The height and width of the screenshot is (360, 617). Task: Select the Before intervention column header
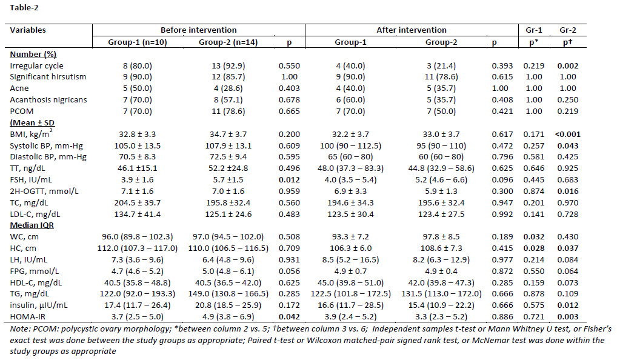click(x=198, y=30)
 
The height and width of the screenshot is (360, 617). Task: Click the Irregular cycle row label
click(x=36, y=65)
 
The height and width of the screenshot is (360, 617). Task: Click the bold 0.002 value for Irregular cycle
click(x=567, y=65)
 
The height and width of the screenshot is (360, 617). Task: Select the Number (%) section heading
click(x=33, y=55)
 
